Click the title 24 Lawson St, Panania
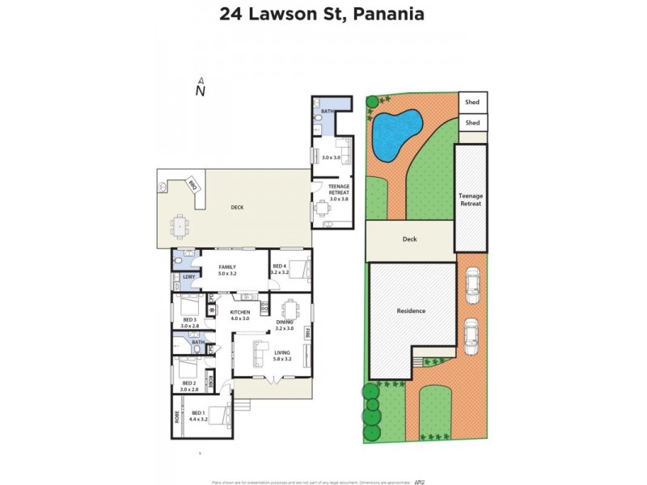coord(323,14)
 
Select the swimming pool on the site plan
coord(395,133)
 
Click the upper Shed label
coord(473,103)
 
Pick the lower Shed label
coord(473,123)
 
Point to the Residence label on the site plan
coord(411,311)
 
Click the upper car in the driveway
coord(472,284)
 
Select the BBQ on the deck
coord(192,184)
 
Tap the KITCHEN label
coord(240,312)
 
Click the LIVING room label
coord(281,352)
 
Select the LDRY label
coord(188,277)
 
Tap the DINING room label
coord(284,323)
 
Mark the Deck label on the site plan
coord(410,239)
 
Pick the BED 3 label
coord(188,320)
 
